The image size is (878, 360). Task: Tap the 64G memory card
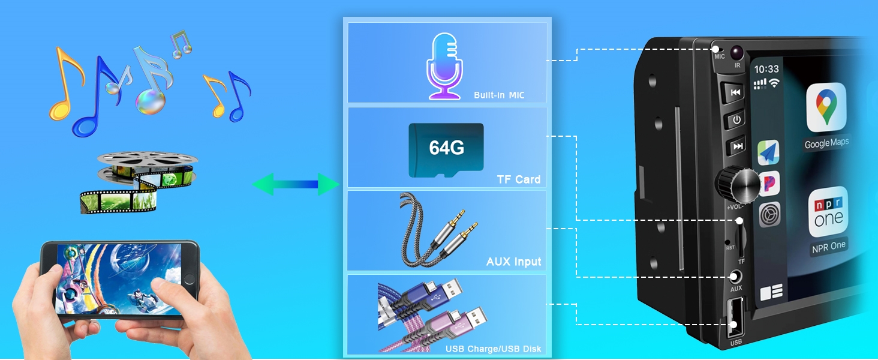click(x=446, y=150)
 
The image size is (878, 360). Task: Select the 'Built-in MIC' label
click(x=498, y=95)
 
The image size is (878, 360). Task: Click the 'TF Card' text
click(x=518, y=179)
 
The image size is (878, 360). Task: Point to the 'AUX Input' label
click(x=513, y=262)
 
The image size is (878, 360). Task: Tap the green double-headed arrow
click(x=296, y=184)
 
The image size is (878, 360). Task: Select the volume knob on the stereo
click(x=732, y=185)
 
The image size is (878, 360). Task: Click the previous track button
click(x=735, y=92)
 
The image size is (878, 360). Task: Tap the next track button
click(x=737, y=146)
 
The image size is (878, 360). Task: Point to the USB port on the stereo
click(x=733, y=318)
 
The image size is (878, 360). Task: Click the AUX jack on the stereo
click(x=735, y=277)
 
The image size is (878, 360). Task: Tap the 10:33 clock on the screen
click(x=766, y=70)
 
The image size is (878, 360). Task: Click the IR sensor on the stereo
click(x=736, y=52)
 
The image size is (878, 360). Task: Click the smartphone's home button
click(x=190, y=280)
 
